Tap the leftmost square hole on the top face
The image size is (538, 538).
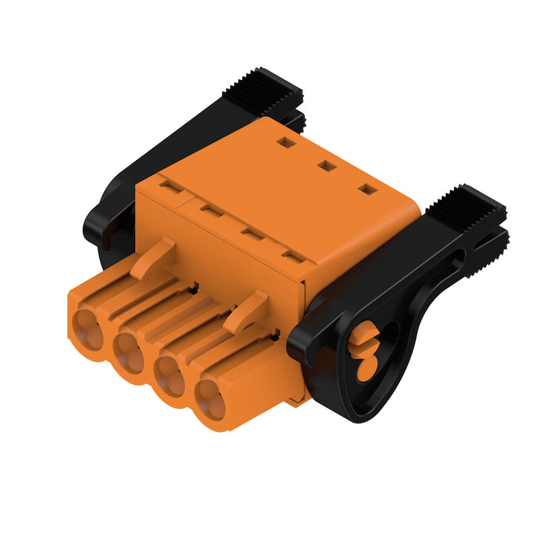pos(286,143)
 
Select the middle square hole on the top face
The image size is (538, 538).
pos(327,165)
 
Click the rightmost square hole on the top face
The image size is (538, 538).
pos(367,190)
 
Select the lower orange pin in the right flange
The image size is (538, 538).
pos(367,369)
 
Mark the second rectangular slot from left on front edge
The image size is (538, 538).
pos(212,211)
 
